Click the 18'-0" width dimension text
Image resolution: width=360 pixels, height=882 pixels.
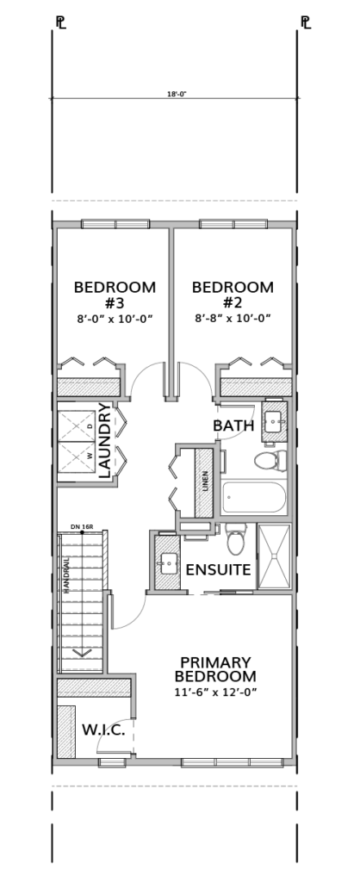[176, 95]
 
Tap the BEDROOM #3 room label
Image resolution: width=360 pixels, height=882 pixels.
[115, 295]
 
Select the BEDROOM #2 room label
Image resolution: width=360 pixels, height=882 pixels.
[233, 295]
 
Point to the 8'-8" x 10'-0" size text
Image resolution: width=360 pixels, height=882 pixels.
[233, 319]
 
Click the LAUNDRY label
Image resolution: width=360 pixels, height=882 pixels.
[104, 440]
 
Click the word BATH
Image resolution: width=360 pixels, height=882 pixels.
[233, 425]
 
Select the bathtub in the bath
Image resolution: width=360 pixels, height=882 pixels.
[254, 497]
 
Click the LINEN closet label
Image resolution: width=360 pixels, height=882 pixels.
[206, 481]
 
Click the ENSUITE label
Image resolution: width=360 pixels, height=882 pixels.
[218, 569]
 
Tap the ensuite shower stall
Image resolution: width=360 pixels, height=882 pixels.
[275, 556]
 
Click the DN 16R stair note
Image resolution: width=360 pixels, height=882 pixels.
[82, 526]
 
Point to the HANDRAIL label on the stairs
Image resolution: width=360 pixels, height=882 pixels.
[66, 575]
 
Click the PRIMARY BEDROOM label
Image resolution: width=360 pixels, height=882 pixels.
[215, 669]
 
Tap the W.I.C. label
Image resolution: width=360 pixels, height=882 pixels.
[103, 730]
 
